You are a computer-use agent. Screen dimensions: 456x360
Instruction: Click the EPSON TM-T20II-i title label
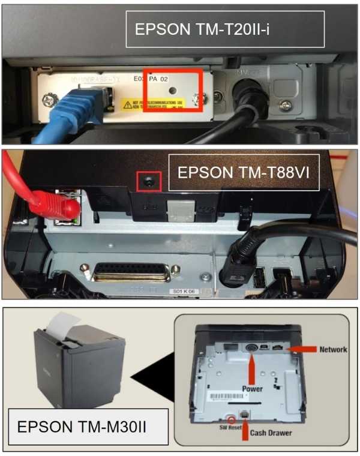224,29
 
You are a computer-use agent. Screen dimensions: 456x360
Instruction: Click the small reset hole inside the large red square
173,90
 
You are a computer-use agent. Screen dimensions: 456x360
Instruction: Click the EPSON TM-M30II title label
84,427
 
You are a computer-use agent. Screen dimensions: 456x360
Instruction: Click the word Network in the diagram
333,349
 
